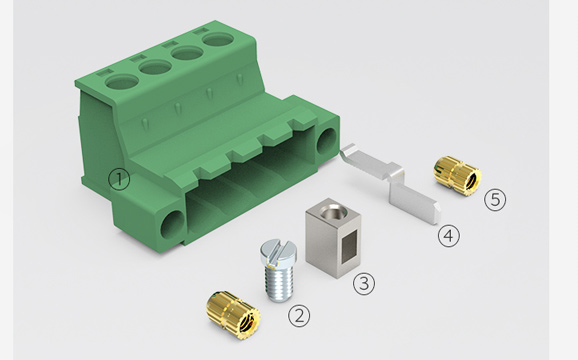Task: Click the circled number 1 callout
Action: (119, 179)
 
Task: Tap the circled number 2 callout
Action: (299, 316)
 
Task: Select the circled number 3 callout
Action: (364, 284)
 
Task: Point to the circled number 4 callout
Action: (449, 236)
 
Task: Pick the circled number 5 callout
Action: (495, 200)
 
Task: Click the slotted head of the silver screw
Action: (278, 254)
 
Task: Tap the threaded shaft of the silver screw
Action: (279, 282)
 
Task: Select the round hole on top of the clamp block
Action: (331, 212)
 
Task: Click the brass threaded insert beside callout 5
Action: (456, 176)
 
